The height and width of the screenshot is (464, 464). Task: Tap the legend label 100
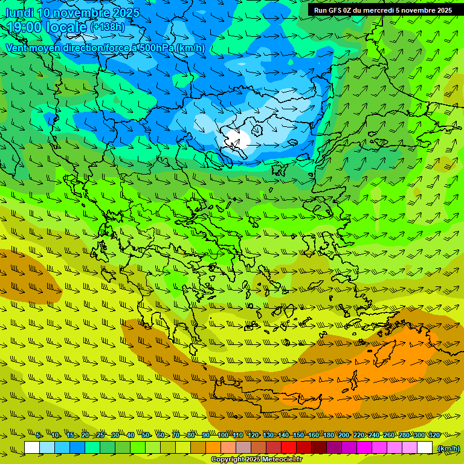(223, 435)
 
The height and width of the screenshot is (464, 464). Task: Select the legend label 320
(434, 435)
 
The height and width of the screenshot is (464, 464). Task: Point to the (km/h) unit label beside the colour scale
(448, 448)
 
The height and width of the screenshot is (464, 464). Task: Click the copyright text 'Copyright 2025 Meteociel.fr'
(256, 460)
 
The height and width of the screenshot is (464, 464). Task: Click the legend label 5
(38, 435)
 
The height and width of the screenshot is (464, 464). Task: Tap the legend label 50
(146, 435)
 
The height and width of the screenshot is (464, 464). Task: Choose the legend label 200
(344, 435)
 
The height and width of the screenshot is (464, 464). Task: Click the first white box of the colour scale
(32, 448)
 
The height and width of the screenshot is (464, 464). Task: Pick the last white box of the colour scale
(425, 448)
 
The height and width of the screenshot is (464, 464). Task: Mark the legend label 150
(298, 435)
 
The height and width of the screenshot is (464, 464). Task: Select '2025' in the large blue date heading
(126, 13)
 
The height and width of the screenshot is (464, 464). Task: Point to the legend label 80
(191, 435)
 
